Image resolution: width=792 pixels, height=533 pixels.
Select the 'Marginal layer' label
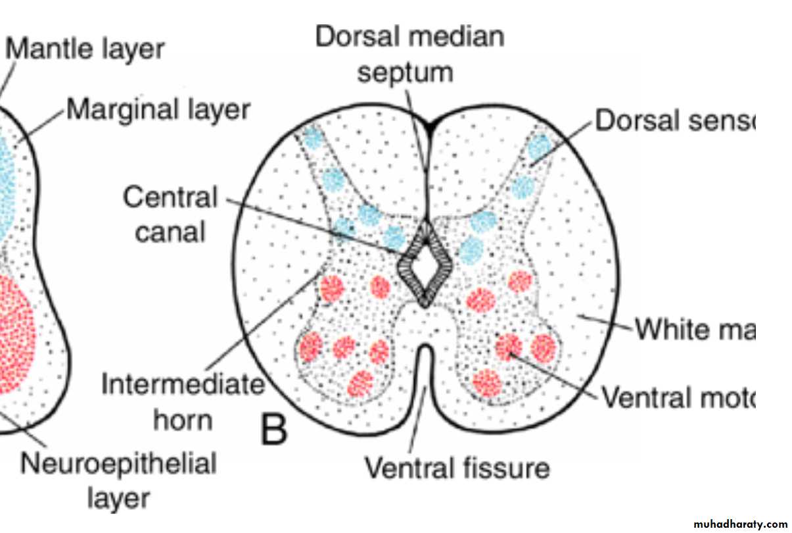point(158,110)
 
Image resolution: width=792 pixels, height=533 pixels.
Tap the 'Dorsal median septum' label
point(409,53)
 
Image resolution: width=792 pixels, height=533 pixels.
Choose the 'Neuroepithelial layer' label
point(119,480)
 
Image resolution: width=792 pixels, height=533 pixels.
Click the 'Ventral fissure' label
point(457,469)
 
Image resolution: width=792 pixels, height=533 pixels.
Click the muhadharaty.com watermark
point(739,524)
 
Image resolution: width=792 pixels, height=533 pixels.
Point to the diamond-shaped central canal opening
point(425,266)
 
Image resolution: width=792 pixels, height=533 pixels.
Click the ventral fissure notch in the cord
point(425,368)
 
